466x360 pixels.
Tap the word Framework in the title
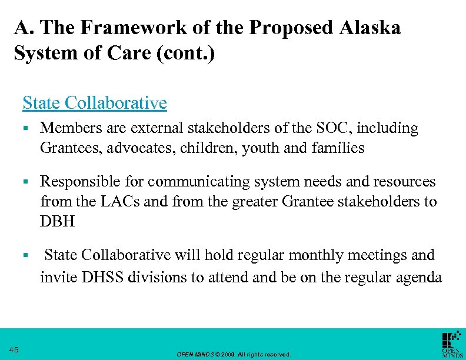coord(122,28)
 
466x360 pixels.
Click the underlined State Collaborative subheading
coord(95,103)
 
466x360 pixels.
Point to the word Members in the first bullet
coord(66,128)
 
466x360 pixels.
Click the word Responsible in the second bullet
coord(75,181)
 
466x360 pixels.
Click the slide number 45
coord(15,350)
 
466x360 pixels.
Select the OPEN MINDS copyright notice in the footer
coord(234,354)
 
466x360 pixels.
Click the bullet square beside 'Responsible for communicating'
coord(26,182)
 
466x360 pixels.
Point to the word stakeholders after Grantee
coord(377,202)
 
